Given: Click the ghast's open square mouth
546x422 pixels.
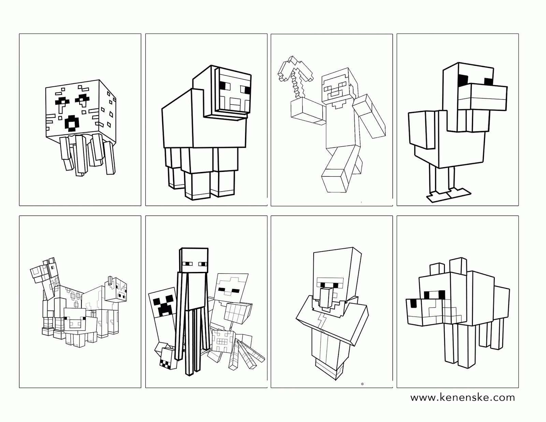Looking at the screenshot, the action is coord(72,123).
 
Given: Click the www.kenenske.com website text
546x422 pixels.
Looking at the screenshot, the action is coord(463,397).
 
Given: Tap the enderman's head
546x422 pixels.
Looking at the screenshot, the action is coord(194,260).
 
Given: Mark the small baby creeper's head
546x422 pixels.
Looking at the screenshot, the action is coord(167,359).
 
